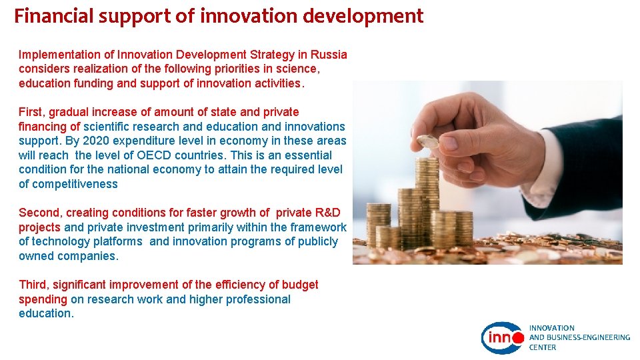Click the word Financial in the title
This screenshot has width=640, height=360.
click(x=54, y=16)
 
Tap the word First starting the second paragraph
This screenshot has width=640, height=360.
click(x=31, y=112)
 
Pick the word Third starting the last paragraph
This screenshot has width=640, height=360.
click(x=33, y=285)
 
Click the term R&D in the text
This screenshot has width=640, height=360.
click(x=327, y=213)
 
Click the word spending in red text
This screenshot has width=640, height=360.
click(x=43, y=299)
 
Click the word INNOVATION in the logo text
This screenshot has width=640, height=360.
click(x=552, y=328)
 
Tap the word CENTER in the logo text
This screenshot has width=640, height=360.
click(x=543, y=347)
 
